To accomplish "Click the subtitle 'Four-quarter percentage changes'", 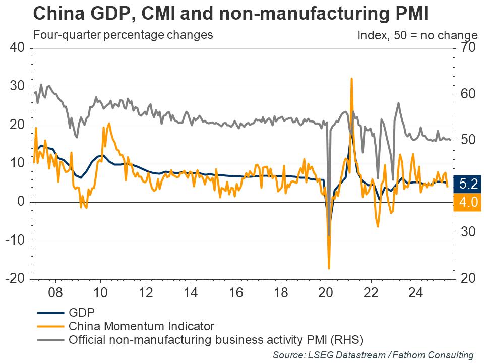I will coord(123,35).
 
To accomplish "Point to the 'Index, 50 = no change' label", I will coord(417,35).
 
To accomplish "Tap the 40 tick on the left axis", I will coord(18,48).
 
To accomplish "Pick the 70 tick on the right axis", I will coord(465,48).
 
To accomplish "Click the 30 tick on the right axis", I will coord(465,232).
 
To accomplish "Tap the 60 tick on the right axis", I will coord(465,94).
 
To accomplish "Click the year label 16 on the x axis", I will coord(236,293).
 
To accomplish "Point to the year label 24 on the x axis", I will coord(417,293).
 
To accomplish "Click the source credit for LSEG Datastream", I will coord(373,355).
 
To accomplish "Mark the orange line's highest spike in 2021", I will coord(351,79).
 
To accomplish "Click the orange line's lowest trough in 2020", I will coord(329,268).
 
